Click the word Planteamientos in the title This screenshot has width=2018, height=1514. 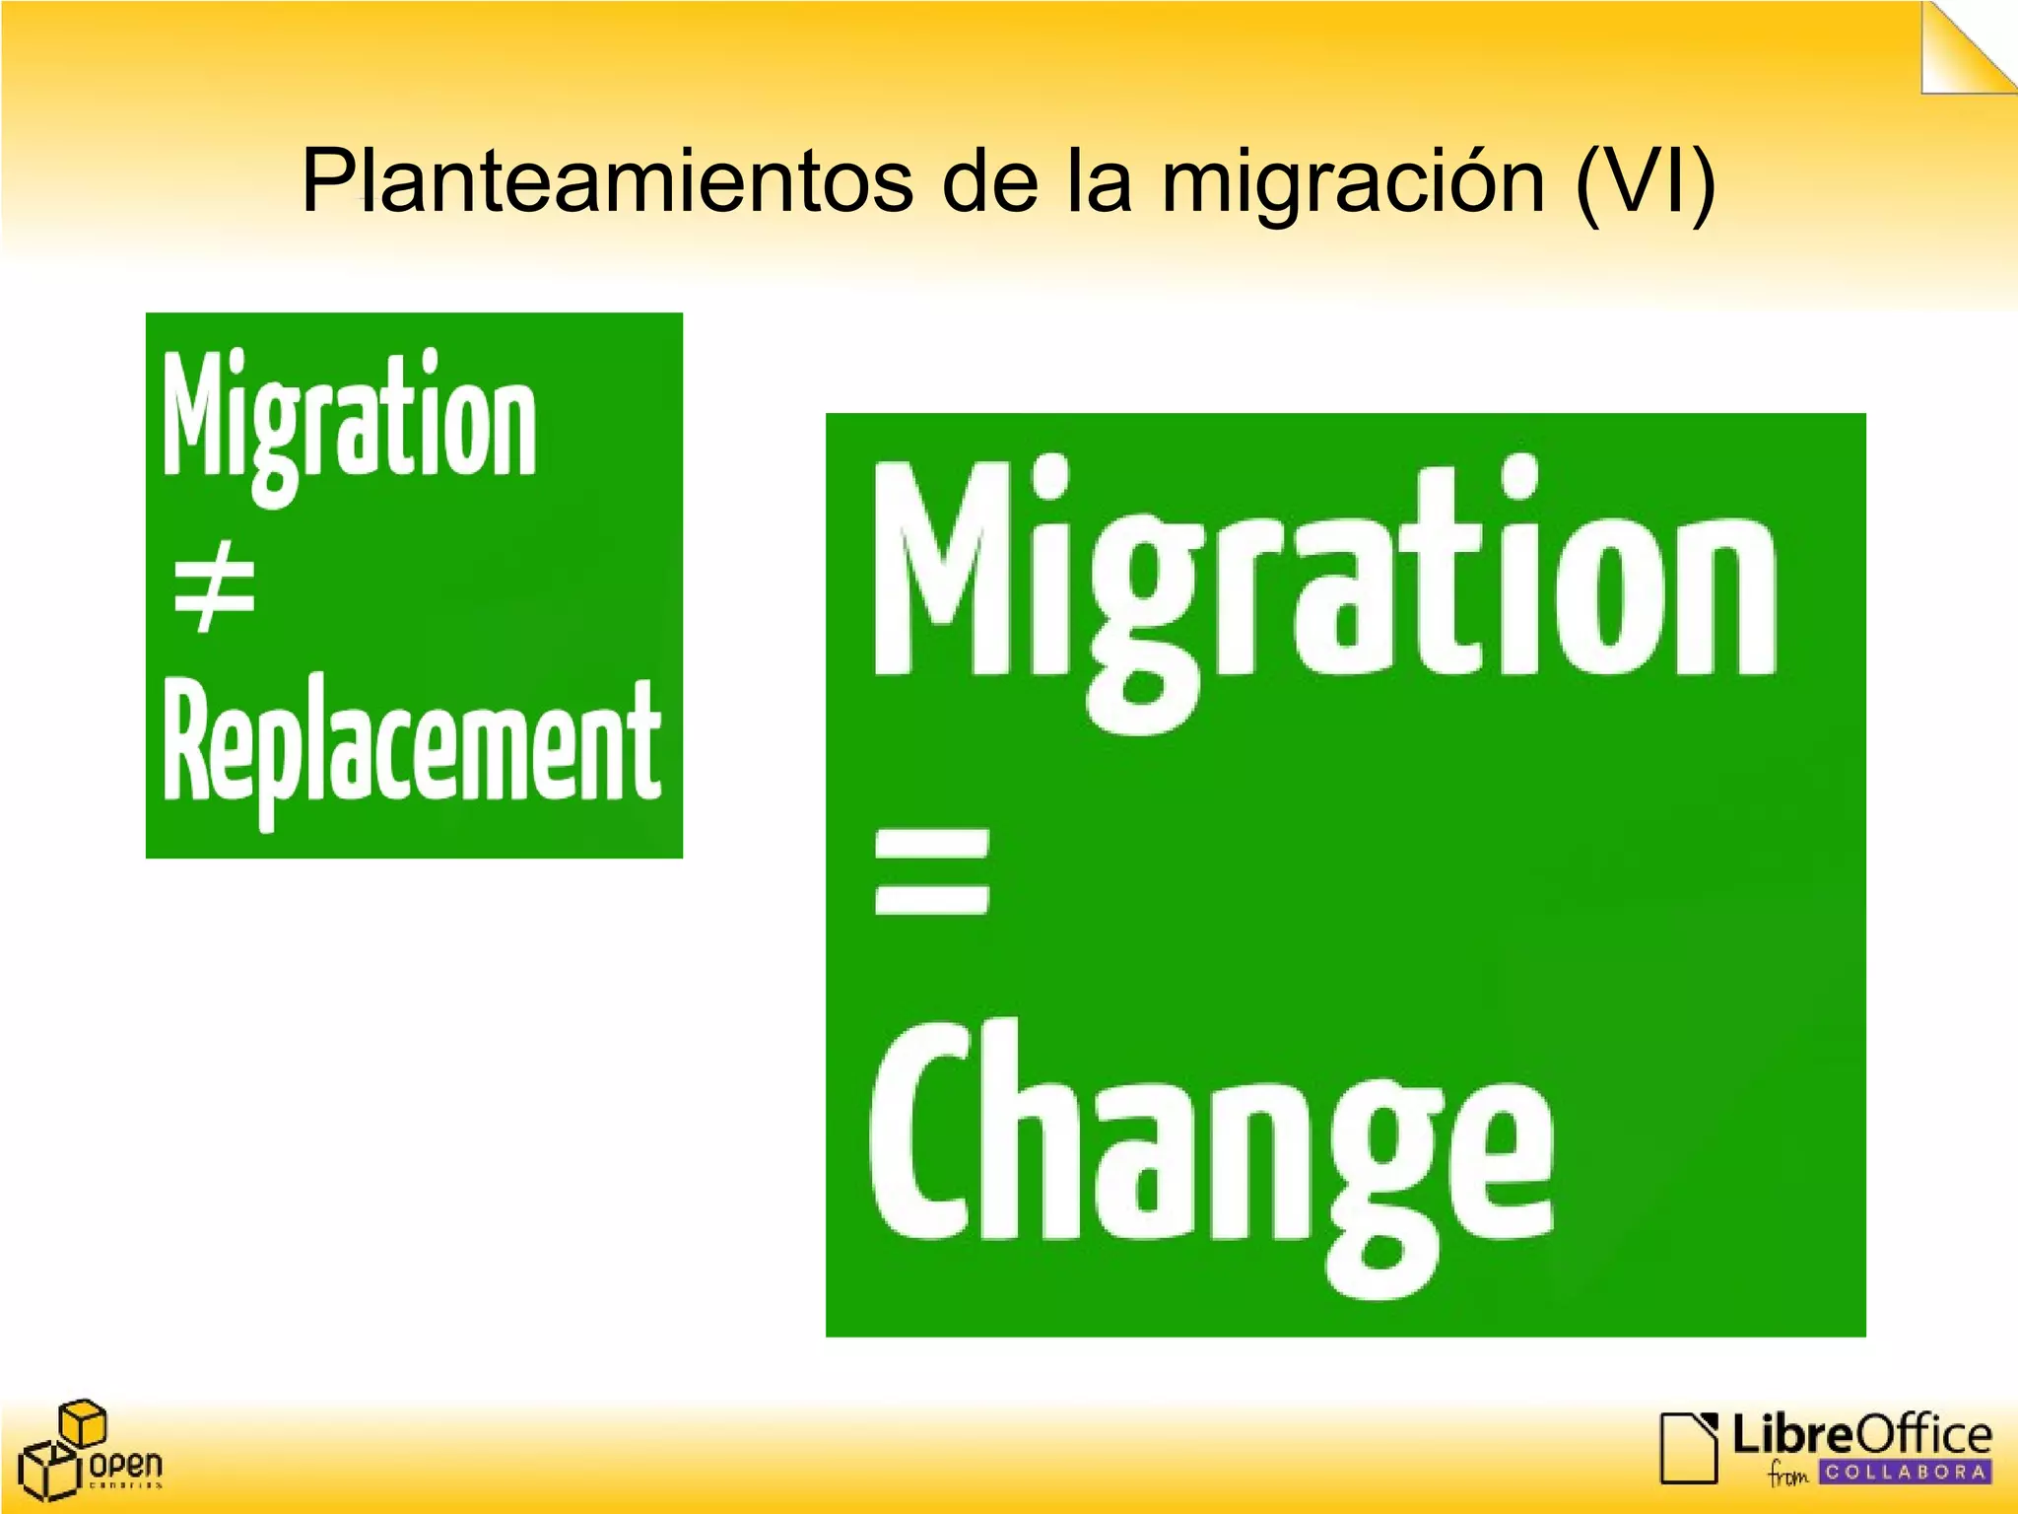pos(606,182)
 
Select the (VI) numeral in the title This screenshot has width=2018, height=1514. pos(1645,182)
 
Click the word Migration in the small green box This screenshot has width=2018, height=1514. pos(350,419)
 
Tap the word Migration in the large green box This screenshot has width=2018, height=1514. pos(1325,582)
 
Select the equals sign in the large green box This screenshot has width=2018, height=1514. pos(931,871)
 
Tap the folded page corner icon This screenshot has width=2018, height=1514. pos(1966,49)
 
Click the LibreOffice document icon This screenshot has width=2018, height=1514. pos(1689,1447)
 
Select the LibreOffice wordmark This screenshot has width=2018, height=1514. pos(1861,1434)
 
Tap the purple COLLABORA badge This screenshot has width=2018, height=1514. pos(1905,1473)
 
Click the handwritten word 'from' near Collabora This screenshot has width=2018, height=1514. pos(1788,1475)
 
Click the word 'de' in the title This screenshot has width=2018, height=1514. pos(989,182)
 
